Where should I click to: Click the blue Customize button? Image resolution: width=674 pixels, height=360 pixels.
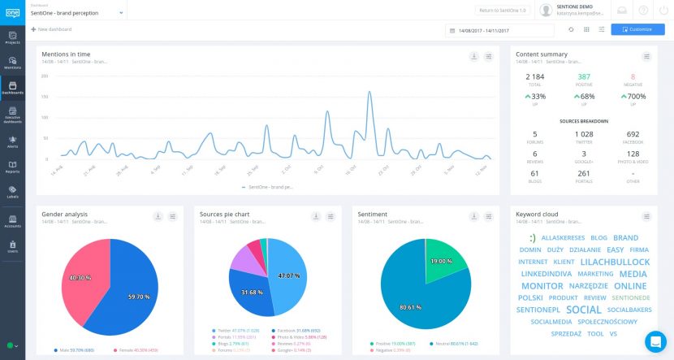pyautogui.click(x=637, y=29)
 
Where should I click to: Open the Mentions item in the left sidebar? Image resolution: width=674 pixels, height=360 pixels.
pyautogui.click(x=12, y=63)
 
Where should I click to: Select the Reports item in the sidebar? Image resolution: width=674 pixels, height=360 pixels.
pyautogui.click(x=12, y=167)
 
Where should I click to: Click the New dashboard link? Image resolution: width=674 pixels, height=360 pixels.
pyautogui.click(x=51, y=29)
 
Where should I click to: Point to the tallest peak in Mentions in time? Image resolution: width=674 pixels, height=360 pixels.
pyautogui.click(x=370, y=93)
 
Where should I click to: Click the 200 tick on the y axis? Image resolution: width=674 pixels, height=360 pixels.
pyautogui.click(x=44, y=76)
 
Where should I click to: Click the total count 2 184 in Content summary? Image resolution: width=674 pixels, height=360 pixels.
pyautogui.click(x=534, y=76)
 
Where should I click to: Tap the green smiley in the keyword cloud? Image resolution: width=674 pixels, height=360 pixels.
pyautogui.click(x=531, y=238)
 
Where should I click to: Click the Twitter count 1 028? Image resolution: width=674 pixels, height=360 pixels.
pyautogui.click(x=584, y=134)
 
